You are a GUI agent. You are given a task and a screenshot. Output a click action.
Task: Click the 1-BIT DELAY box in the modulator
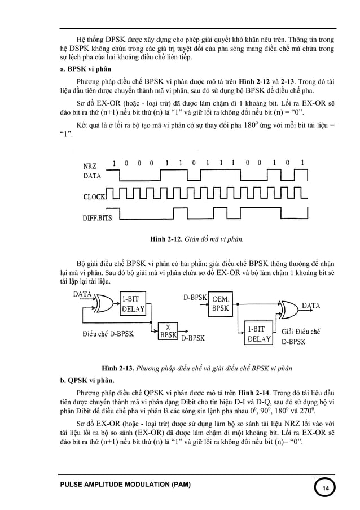(x=133, y=304)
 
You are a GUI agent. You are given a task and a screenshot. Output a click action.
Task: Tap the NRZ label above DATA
(x=90, y=165)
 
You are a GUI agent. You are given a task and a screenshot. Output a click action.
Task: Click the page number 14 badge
(x=325, y=487)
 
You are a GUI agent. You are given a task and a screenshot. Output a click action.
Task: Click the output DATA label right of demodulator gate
(x=311, y=305)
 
